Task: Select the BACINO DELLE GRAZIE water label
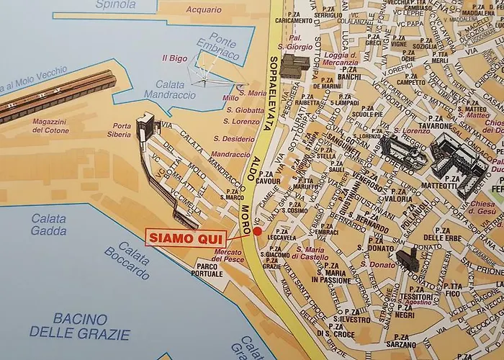tap(80, 326)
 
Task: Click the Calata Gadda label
tap(49, 225)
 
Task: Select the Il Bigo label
tap(174, 58)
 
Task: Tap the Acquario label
tap(204, 10)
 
